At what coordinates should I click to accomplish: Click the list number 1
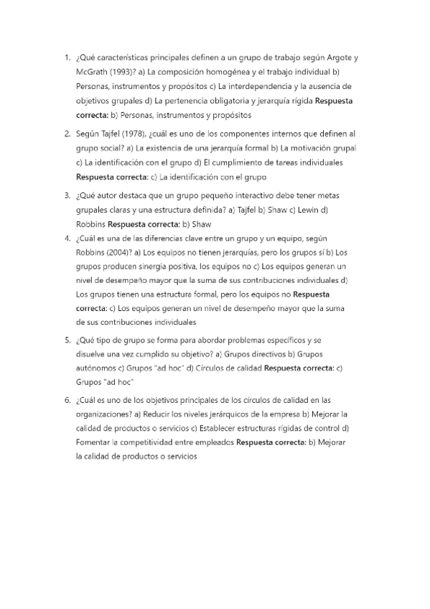(x=66, y=58)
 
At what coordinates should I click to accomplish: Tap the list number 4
(x=66, y=238)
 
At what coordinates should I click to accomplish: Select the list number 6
(x=66, y=400)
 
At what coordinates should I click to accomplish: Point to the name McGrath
(x=93, y=73)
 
